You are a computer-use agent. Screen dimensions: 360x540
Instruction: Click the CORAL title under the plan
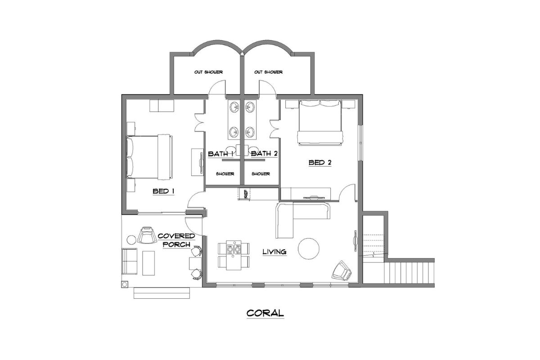(x=265, y=313)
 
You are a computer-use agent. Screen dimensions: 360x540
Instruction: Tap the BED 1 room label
(x=163, y=191)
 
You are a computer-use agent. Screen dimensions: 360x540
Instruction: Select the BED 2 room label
(x=320, y=162)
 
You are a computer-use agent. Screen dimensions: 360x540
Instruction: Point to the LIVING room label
(x=274, y=252)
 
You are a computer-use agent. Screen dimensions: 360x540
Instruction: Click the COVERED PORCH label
(x=177, y=240)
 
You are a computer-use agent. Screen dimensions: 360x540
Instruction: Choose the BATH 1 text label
(x=220, y=154)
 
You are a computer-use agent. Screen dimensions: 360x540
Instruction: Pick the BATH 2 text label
(x=264, y=154)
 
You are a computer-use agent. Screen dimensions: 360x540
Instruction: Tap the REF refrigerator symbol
(x=246, y=194)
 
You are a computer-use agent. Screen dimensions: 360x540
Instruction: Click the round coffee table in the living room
(x=309, y=248)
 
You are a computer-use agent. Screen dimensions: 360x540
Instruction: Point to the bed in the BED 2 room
(x=320, y=122)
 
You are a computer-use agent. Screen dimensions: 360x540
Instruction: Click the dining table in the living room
(x=234, y=255)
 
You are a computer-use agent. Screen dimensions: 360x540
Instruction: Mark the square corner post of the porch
(x=124, y=284)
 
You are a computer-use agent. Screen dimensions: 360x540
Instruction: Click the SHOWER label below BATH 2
(x=261, y=174)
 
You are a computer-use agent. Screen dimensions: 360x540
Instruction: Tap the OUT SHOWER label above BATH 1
(x=208, y=72)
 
